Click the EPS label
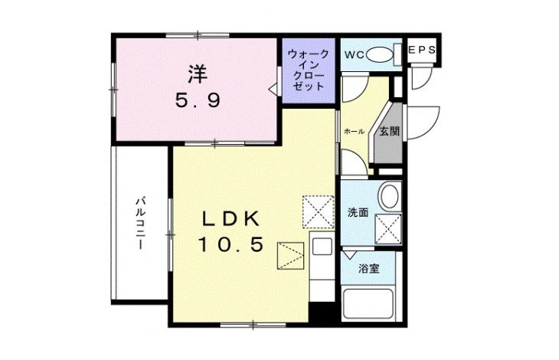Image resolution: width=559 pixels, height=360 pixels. tap(422, 50)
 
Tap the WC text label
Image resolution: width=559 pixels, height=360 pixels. tap(355, 55)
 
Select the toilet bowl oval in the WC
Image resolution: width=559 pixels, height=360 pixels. tap(379, 55)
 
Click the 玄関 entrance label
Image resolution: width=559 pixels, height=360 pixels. tap(389, 131)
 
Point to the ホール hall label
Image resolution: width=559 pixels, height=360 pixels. tap(354, 132)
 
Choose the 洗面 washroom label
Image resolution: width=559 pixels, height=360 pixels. tap(358, 213)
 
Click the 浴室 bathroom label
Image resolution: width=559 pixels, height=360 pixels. tap(369, 268)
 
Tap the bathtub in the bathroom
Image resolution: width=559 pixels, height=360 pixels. tap(368, 303)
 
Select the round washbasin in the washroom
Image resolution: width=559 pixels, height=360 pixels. tap(389, 195)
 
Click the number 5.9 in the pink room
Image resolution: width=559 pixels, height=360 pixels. tap(198, 100)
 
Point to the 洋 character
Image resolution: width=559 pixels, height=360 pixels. tap(198, 74)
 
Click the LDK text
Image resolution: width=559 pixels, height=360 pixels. tap(231, 219)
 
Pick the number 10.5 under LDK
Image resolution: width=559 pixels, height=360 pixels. tap(231, 244)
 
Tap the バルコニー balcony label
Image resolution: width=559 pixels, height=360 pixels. tap(140, 223)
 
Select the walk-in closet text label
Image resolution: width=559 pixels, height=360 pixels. tap(309, 70)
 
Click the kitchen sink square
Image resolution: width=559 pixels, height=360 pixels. tap(322, 246)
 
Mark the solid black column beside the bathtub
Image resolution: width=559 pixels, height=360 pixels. tap(322, 313)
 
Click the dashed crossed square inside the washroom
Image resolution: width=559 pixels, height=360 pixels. tap(388, 229)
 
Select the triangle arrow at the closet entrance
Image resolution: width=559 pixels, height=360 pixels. tap(273, 88)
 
